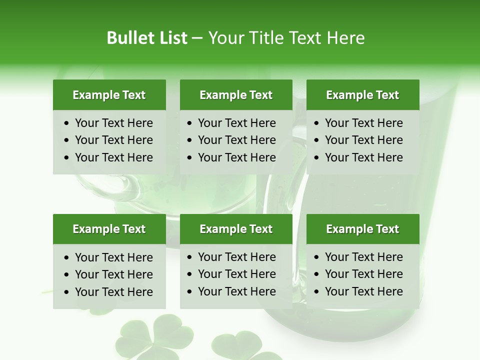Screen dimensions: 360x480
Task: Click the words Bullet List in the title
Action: (147, 38)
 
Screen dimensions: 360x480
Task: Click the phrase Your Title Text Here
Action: (286, 38)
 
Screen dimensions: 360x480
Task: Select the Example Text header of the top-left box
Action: (109, 95)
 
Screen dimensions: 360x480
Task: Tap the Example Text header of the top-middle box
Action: (236, 95)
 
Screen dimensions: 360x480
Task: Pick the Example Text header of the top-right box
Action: (362, 95)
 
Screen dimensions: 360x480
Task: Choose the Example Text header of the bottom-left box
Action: (109, 229)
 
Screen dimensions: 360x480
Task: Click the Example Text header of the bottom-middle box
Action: (236, 229)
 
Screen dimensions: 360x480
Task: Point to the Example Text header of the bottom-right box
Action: (362, 229)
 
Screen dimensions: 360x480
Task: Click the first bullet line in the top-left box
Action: (113, 123)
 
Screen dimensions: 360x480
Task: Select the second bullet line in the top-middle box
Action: (236, 140)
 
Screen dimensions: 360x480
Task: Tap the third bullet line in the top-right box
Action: (363, 157)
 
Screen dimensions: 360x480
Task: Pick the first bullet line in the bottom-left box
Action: (113, 257)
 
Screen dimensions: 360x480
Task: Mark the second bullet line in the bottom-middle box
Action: (236, 274)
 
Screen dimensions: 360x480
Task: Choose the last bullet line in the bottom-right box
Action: (363, 291)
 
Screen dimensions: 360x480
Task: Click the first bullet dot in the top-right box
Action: (317, 123)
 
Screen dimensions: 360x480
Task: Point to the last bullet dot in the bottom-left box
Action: (67, 292)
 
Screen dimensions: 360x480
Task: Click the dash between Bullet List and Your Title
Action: (197, 38)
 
